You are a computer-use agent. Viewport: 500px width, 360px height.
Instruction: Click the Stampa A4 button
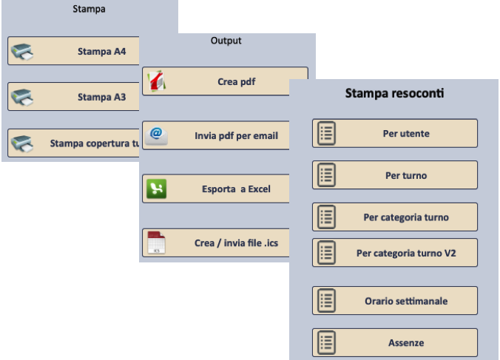pos(74,52)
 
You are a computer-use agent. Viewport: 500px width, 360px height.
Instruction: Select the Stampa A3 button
pos(74,97)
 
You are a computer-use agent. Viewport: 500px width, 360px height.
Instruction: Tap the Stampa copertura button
pos(74,143)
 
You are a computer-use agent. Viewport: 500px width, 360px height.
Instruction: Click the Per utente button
pos(395,134)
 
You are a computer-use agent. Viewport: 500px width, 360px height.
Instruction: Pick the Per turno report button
pos(395,176)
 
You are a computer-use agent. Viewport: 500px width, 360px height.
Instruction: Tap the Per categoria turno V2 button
pos(395,253)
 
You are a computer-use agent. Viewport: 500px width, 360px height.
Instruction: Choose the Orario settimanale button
pos(395,301)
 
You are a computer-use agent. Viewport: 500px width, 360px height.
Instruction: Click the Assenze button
pos(395,343)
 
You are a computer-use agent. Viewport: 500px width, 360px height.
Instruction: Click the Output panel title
pos(226,41)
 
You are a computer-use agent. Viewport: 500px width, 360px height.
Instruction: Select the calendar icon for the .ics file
pos(156,243)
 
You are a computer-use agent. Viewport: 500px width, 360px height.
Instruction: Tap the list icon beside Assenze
pos(327,343)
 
